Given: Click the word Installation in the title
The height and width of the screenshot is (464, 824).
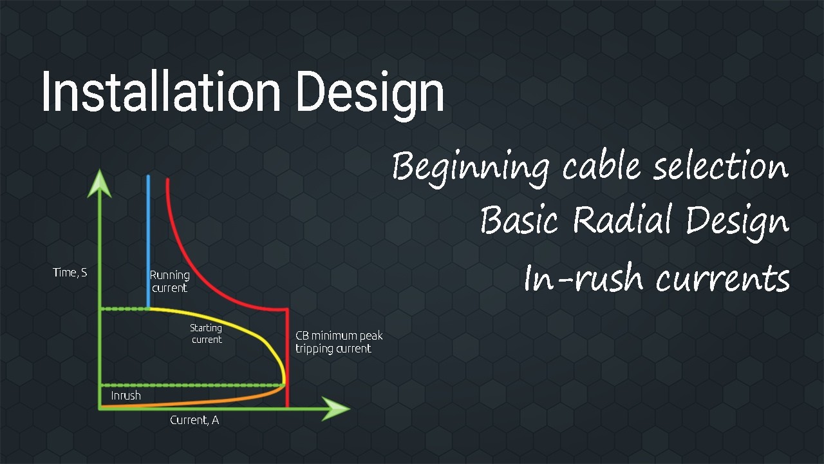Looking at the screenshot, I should (161, 92).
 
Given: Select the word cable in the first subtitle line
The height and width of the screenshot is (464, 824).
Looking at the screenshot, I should (603, 166).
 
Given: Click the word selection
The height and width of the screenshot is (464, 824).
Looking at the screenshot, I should (720, 166).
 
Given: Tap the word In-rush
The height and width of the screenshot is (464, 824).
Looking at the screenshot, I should (583, 278).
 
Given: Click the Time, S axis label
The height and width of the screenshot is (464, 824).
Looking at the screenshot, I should (70, 273).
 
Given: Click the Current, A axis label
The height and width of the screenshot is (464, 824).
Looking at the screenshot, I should (194, 420).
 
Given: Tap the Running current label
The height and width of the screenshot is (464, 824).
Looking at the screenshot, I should (170, 282).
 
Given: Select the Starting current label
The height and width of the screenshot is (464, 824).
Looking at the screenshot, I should (206, 334).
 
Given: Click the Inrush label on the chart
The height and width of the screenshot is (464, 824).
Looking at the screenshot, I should (126, 396).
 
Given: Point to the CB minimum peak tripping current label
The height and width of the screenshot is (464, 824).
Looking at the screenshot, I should (339, 342).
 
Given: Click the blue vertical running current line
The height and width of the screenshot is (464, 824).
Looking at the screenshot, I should (149, 238).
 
